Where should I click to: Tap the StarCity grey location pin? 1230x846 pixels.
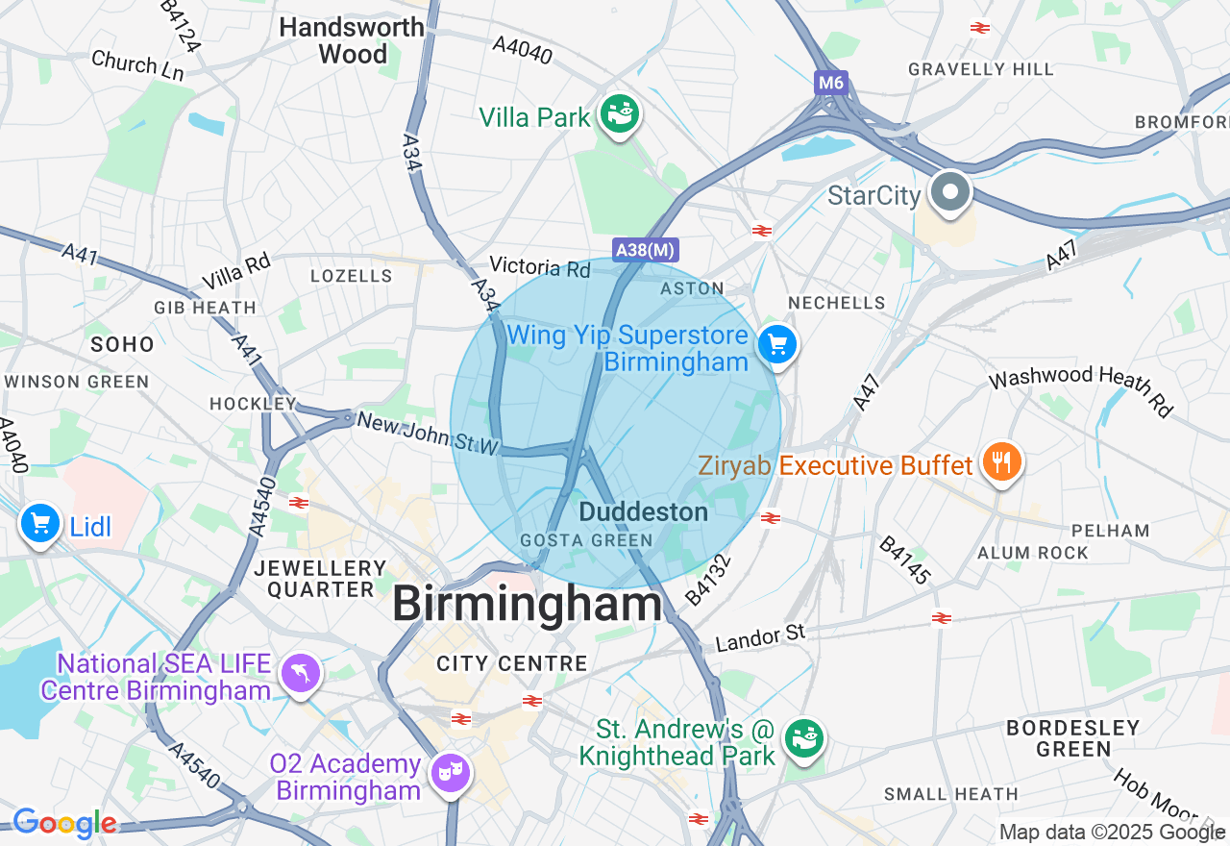click(x=949, y=192)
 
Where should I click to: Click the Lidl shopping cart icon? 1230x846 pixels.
click(x=40, y=524)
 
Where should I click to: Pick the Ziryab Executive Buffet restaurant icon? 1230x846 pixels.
click(x=1001, y=463)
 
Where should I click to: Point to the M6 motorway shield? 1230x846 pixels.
click(x=831, y=83)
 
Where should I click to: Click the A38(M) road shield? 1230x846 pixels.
click(x=646, y=250)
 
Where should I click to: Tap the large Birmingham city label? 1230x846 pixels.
click(x=527, y=606)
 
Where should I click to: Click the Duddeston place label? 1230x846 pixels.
click(x=643, y=512)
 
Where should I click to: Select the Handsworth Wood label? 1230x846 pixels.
click(x=352, y=40)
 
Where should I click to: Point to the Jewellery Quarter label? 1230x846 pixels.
click(x=320, y=579)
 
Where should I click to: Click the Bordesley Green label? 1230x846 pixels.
click(x=1072, y=738)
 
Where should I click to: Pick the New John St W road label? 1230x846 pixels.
click(x=429, y=434)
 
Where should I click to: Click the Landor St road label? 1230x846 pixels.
click(x=759, y=636)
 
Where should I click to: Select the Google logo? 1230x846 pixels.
click(x=63, y=823)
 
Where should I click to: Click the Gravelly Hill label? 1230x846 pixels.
click(x=980, y=69)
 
